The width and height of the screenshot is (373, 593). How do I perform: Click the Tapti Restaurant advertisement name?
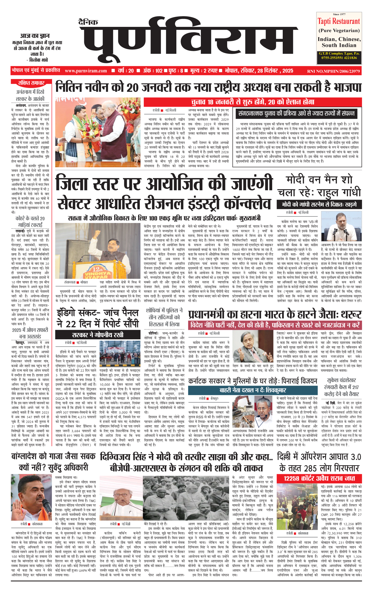click(339, 21)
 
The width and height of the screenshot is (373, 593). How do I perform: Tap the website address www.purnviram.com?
click(86, 71)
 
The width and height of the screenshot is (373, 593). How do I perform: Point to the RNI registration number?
click(333, 71)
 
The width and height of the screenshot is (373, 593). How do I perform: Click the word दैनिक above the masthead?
click(88, 22)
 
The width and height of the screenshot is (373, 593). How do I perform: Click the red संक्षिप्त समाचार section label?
click(31, 83)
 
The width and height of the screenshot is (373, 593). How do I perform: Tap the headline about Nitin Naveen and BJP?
click(208, 87)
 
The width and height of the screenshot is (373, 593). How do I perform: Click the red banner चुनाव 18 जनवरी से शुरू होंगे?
click(252, 102)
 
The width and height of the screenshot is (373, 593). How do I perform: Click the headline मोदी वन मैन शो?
click(319, 180)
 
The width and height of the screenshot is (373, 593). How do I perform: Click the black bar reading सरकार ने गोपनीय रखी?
click(98, 335)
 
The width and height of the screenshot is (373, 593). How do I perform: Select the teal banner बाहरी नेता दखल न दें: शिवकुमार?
click(252, 390)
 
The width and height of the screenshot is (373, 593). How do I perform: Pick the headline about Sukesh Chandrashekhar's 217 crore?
click(341, 387)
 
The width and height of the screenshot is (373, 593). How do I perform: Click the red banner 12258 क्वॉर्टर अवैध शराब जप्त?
click(319, 478)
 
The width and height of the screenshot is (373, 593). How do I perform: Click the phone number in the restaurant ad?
click(339, 58)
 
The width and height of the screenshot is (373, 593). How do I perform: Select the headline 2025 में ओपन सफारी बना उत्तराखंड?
click(30, 333)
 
